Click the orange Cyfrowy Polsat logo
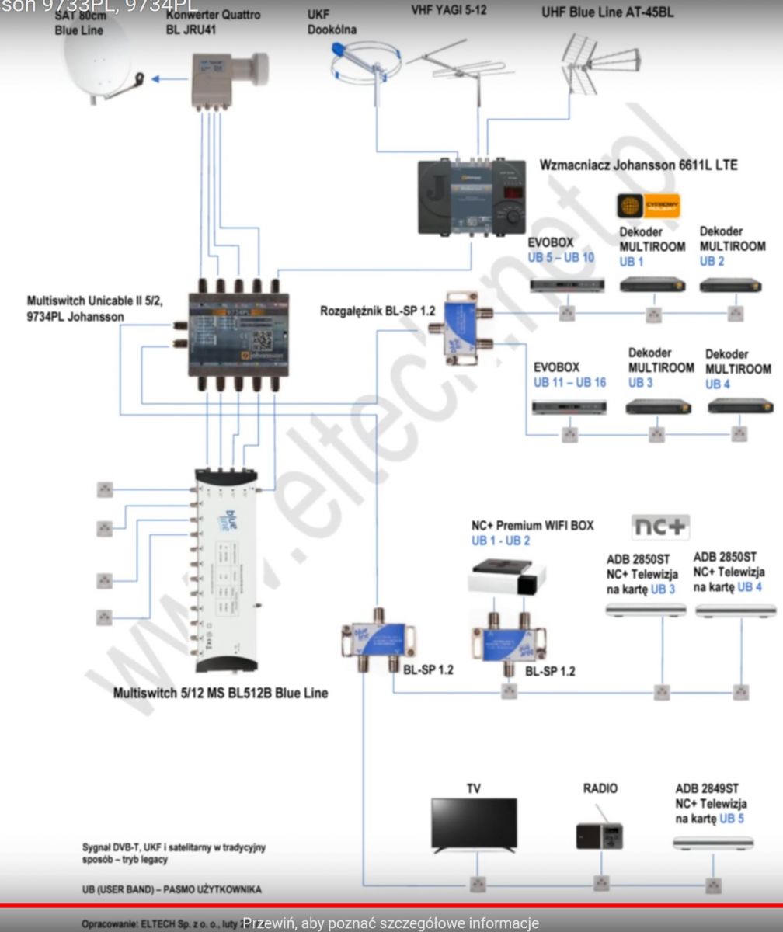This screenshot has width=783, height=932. click(648, 207)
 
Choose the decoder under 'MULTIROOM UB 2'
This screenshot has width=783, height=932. click(730, 285)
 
